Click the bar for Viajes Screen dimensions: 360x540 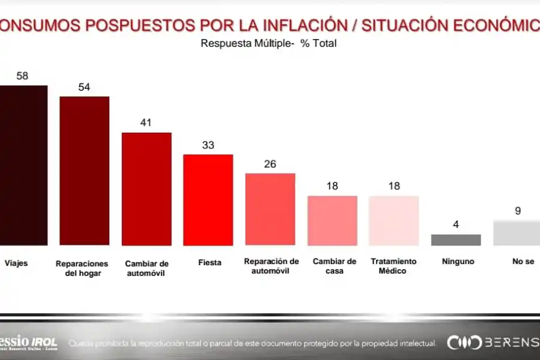pos(23,165)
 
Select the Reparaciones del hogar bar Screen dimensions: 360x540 pos(84,170)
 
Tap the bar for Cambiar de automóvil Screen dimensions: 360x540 pos(146,188)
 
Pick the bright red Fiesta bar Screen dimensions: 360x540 pos(208,200)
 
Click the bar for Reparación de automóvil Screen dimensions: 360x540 pos(270,209)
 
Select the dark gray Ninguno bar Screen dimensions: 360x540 pos(456,239)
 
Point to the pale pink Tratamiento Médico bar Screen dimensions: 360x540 pos(394,220)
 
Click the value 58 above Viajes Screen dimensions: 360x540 pos(23,76)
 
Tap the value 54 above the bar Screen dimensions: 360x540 pos(84,87)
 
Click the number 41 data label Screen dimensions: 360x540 pos(146,123)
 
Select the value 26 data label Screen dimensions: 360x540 pos(270,164)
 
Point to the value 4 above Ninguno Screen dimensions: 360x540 pos(456,225)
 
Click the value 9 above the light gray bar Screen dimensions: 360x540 pos(517,211)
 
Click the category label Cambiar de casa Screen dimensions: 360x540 pos(334,266)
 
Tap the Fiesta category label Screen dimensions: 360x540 pos(209,262)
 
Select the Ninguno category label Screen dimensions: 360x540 pos(458,262)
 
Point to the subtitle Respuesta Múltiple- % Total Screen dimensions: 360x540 pos(269,43)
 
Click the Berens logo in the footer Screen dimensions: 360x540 pos(492,343)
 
